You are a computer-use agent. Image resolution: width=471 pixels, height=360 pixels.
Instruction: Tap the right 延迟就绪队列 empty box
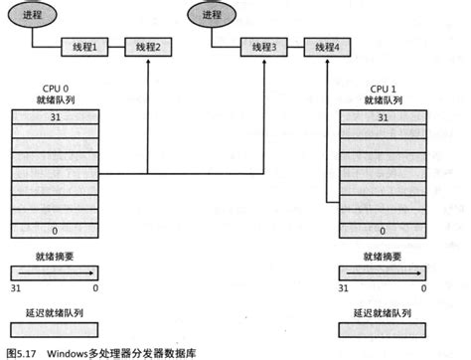click(383, 327)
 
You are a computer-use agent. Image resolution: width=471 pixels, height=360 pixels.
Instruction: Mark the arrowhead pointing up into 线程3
click(264, 60)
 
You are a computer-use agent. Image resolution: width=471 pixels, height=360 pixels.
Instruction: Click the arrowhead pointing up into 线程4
click(326, 60)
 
